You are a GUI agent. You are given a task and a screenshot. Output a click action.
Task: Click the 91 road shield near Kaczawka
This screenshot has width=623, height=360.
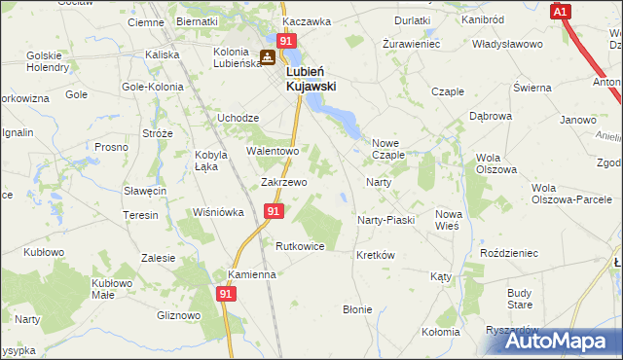click(285, 41)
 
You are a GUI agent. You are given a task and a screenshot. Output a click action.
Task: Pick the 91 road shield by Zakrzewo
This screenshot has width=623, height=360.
click(274, 211)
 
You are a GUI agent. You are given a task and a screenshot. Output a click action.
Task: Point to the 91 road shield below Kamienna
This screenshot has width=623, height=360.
click(226, 292)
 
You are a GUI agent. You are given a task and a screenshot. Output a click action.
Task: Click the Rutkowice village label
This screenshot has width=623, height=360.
click(300, 246)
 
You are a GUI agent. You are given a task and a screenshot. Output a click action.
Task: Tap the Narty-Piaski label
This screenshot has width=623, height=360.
click(385, 220)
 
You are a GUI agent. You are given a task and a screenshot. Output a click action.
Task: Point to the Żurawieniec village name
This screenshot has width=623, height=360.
click(411, 45)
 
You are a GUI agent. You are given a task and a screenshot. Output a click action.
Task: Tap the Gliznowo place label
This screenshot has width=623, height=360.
click(178, 315)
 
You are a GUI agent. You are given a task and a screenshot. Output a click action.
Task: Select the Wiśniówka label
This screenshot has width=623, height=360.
click(218, 212)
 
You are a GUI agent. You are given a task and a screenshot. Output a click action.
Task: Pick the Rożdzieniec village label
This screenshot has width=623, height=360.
click(509, 253)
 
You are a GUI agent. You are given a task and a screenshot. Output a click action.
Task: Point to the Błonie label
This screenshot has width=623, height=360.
click(356, 309)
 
